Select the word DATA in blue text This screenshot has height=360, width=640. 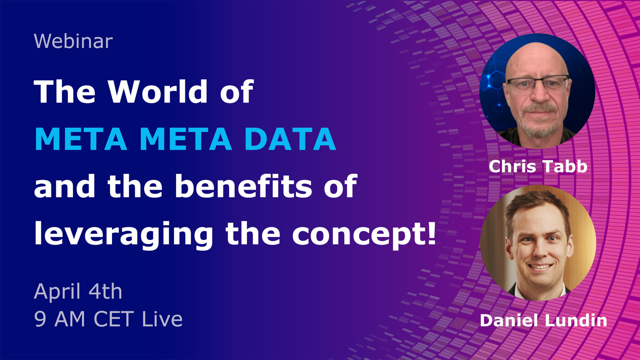[x=290, y=139]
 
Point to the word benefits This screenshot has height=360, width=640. [x=244, y=186]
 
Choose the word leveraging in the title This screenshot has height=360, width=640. [x=124, y=235]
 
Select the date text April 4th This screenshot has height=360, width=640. [x=78, y=292]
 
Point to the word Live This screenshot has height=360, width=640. [x=162, y=318]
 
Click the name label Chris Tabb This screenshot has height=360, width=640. [x=538, y=166]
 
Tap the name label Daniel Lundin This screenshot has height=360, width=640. [x=544, y=320]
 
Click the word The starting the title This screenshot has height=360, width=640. [x=64, y=91]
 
